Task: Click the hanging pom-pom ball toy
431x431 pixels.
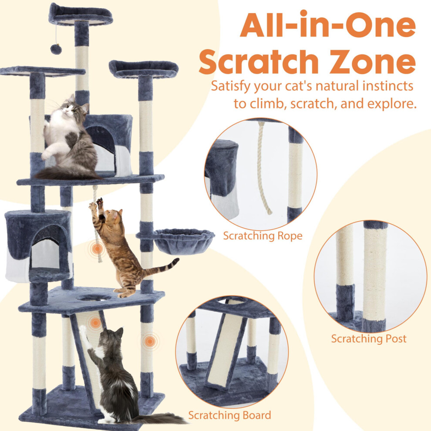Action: (56, 49)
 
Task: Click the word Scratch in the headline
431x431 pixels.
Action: (258, 61)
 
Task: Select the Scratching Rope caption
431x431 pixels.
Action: (263, 236)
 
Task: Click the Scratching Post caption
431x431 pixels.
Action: (369, 339)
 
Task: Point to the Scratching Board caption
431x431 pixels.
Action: (229, 415)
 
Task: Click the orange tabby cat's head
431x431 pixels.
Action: (112, 217)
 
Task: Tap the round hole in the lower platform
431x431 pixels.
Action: (94, 297)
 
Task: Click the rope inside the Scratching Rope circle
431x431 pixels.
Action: (262, 167)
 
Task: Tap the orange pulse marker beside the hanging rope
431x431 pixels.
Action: (97, 249)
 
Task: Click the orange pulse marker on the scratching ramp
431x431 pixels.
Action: (95, 323)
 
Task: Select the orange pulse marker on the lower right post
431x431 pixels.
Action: (150, 342)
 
